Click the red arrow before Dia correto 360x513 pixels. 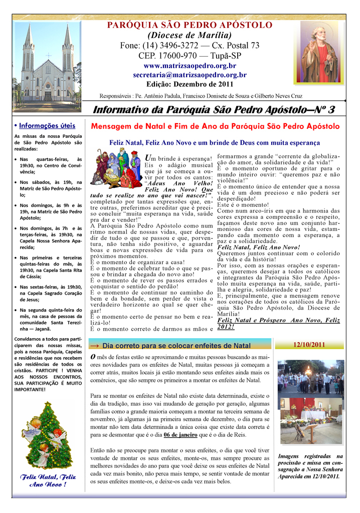pos(95,346)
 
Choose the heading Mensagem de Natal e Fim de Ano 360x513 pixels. pos(215,127)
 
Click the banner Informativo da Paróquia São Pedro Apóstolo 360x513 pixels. pos(215,110)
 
